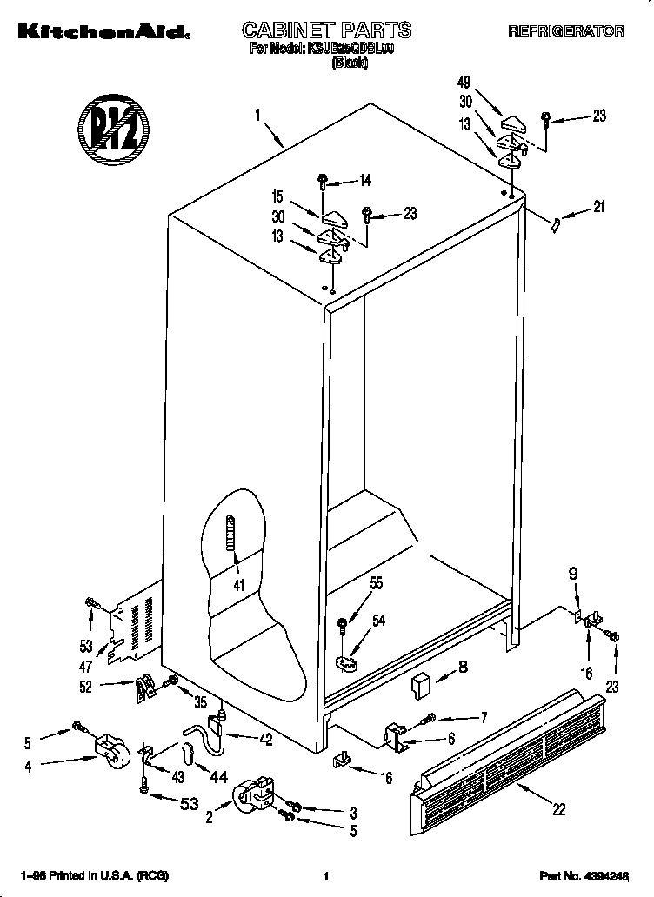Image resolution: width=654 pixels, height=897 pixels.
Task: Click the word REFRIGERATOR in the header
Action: click(x=566, y=31)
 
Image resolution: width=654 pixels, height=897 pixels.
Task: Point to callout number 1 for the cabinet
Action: click(x=258, y=114)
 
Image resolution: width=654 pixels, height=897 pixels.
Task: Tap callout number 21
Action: click(x=597, y=207)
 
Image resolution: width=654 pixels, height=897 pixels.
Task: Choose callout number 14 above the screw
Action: click(x=365, y=182)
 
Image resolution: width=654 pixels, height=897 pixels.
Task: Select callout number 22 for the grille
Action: click(x=558, y=809)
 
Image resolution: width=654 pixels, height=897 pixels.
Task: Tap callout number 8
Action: click(x=462, y=668)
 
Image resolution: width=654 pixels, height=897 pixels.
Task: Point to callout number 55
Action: click(x=376, y=585)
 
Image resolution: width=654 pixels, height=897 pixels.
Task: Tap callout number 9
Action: click(x=573, y=575)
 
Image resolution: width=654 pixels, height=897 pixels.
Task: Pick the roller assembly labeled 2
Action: click(x=250, y=794)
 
